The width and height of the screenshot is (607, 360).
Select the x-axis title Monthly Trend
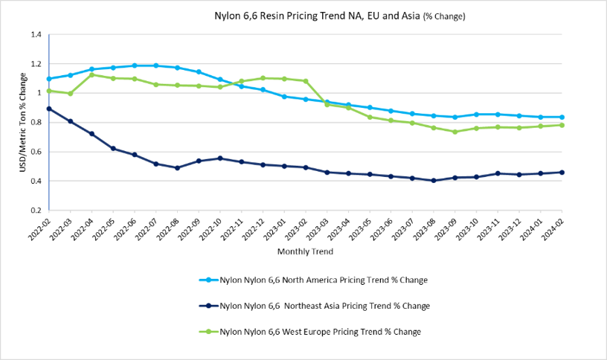click(304, 252)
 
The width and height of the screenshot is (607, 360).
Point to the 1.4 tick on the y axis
click(36, 35)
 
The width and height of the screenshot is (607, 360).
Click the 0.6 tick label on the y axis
click(36, 152)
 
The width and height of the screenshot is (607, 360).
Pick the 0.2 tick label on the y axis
click(36, 210)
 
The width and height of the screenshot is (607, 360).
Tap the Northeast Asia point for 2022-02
click(49, 109)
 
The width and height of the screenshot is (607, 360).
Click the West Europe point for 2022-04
click(92, 74)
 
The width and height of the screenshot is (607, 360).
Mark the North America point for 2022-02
click(49, 79)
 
